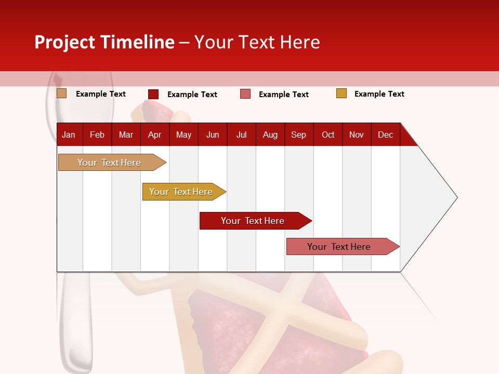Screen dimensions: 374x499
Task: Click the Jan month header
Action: point(69,135)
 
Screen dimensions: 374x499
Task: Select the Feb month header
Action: point(97,135)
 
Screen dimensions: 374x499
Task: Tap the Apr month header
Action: point(154,135)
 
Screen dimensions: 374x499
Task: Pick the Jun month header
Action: point(213,135)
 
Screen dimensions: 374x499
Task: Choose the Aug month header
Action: point(270,135)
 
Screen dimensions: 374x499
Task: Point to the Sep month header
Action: point(298,135)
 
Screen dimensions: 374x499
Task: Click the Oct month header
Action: point(328,135)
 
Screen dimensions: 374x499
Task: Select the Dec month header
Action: point(385,135)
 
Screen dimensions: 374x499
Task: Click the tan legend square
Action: point(62,94)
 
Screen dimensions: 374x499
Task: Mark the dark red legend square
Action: point(153,94)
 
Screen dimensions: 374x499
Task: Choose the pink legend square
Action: point(245,94)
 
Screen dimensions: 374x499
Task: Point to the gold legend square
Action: point(342,94)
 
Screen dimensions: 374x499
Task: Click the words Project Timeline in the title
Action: point(104,42)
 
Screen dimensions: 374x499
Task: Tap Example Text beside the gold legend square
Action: point(379,94)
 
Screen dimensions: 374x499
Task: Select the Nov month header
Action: point(357,135)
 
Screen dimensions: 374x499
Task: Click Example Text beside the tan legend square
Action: point(100,94)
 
